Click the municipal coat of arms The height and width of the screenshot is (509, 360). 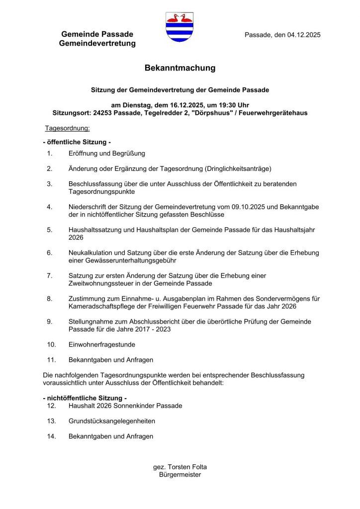click(179, 27)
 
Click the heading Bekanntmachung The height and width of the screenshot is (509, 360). click(180, 68)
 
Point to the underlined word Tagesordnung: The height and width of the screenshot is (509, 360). click(67, 128)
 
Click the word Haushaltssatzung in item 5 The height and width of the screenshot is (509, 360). click(95, 230)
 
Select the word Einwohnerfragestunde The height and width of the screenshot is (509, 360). click(101, 344)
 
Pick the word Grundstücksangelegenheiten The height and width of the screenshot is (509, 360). click(112, 421)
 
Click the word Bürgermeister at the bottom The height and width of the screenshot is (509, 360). click(180, 475)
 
